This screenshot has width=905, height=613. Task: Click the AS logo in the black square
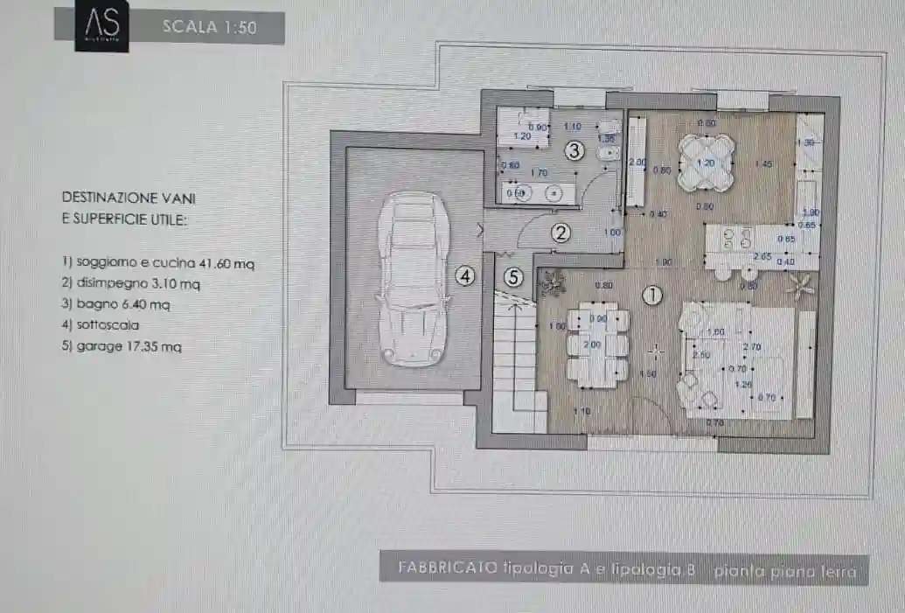[101, 27]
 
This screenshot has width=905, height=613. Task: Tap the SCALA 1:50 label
[210, 27]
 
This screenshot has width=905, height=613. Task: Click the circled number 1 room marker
[651, 296]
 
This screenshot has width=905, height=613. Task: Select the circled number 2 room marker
[560, 233]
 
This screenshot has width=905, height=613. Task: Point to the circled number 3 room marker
[574, 150]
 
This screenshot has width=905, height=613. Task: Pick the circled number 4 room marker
[465, 277]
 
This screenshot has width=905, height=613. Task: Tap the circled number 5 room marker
[513, 277]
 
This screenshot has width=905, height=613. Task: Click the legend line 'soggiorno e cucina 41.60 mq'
[158, 262]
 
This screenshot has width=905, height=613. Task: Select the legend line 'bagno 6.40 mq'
[115, 304]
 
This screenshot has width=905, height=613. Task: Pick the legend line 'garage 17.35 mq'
[122, 346]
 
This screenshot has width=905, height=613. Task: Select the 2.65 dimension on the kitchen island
[762, 256]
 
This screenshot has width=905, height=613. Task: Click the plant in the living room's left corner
[551, 282]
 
